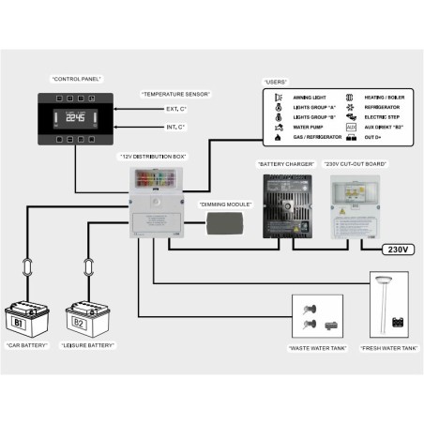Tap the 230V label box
click(395, 249)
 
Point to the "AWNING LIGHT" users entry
click(311, 97)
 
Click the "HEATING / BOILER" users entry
click(386, 97)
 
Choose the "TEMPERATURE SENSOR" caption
click(175, 95)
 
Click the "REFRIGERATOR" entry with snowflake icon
click(380, 107)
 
